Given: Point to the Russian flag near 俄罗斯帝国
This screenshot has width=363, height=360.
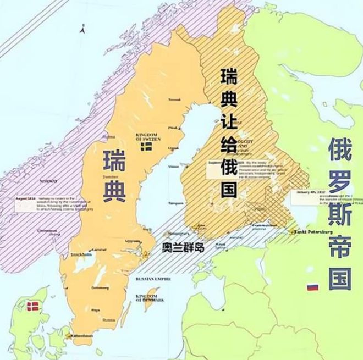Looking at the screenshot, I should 312,287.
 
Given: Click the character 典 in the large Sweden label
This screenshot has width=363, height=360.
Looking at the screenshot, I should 115,192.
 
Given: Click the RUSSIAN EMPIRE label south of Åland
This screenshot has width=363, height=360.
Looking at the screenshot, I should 152,279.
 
